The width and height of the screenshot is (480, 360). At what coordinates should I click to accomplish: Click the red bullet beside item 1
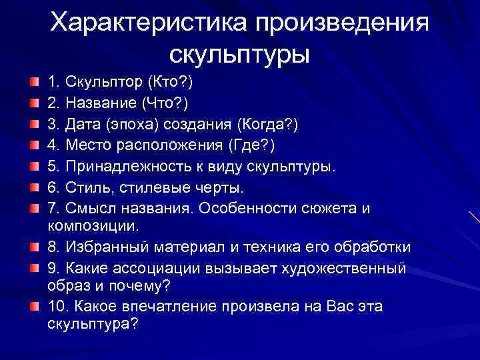tap(33, 83)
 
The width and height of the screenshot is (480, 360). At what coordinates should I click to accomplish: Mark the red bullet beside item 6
tap(33, 188)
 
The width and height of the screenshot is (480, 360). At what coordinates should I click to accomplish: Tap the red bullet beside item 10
tap(33, 307)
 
